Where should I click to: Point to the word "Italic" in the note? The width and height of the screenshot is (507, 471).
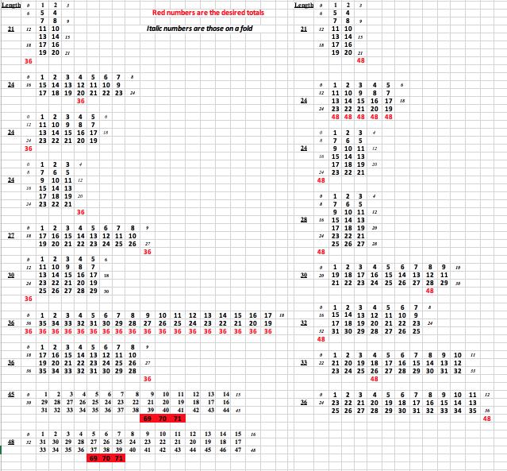click(x=157, y=29)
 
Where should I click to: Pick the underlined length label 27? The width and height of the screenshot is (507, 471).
click(x=12, y=236)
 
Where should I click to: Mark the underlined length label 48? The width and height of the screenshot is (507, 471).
click(x=12, y=442)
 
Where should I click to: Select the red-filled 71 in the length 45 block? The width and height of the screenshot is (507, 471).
click(x=174, y=418)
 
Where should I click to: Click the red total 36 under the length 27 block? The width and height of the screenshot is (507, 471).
click(x=147, y=252)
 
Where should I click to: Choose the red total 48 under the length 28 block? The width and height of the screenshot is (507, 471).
click(x=321, y=252)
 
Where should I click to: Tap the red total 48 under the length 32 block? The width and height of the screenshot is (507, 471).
click(x=321, y=339)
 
